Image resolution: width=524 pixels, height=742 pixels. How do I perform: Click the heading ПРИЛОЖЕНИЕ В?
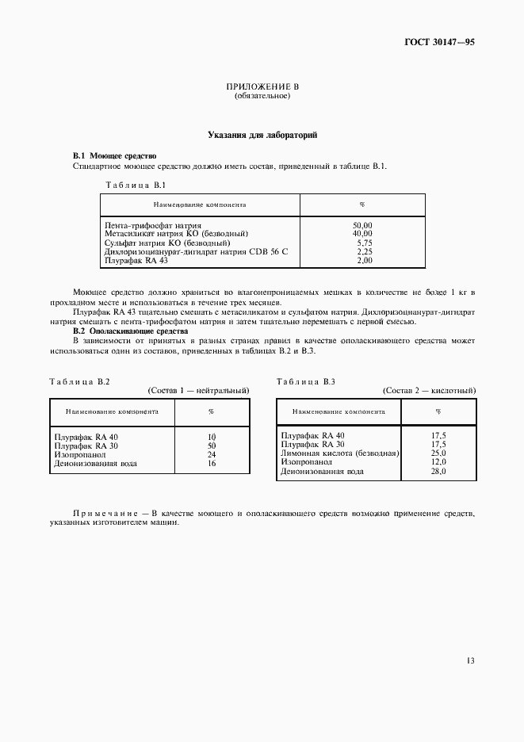click(x=262, y=86)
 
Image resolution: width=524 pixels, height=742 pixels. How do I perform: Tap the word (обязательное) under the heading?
click(x=262, y=96)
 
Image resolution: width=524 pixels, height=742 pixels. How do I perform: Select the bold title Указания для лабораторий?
click(x=262, y=136)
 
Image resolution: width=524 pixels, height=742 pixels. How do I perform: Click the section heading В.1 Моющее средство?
click(x=114, y=156)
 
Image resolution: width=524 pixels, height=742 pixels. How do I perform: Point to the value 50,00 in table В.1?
click(x=363, y=226)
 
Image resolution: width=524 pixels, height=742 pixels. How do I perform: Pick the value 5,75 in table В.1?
click(x=364, y=243)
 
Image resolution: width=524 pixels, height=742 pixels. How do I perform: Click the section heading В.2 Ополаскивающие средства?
click(x=130, y=331)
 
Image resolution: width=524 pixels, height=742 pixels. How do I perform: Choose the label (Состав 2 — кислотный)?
click(x=429, y=391)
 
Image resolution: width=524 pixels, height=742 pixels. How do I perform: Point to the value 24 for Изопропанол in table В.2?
click(x=212, y=454)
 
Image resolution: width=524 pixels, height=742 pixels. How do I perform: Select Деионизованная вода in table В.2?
click(x=90, y=463)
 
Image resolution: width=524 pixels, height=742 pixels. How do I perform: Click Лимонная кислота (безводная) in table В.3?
click(x=339, y=453)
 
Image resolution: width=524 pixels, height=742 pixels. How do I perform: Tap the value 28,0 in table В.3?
click(x=438, y=472)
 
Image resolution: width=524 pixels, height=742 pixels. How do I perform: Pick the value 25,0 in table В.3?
click(x=438, y=453)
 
